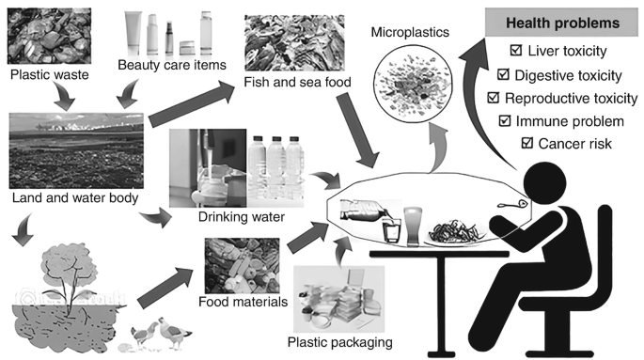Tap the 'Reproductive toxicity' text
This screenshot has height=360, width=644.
pos(566,97)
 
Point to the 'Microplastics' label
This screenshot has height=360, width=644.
pos(407,31)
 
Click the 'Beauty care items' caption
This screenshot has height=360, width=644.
pos(162,65)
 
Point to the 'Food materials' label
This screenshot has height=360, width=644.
pos(232,303)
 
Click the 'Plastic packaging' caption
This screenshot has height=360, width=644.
pos(341,341)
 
